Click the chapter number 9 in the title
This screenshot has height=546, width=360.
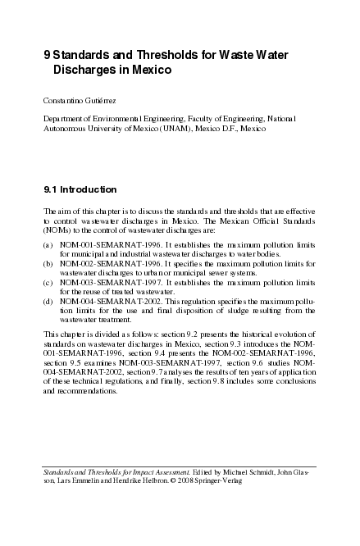coord(46,55)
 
